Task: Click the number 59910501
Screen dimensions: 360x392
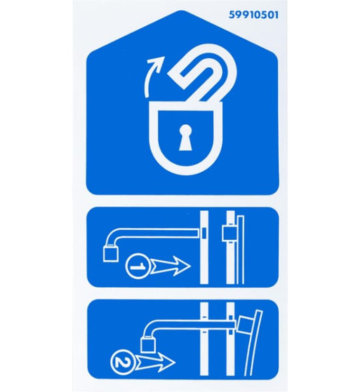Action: point(253,15)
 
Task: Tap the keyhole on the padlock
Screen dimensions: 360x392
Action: point(185,137)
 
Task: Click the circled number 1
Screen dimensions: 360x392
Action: point(138,266)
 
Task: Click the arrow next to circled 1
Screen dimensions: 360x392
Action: point(171,266)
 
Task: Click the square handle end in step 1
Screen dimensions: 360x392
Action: point(111,253)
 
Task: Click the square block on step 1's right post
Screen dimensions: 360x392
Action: point(229,234)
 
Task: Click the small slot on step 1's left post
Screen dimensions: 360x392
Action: point(204,233)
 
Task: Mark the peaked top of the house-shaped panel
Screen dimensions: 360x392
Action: point(182,11)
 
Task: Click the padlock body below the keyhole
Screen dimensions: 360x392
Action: point(185,160)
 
